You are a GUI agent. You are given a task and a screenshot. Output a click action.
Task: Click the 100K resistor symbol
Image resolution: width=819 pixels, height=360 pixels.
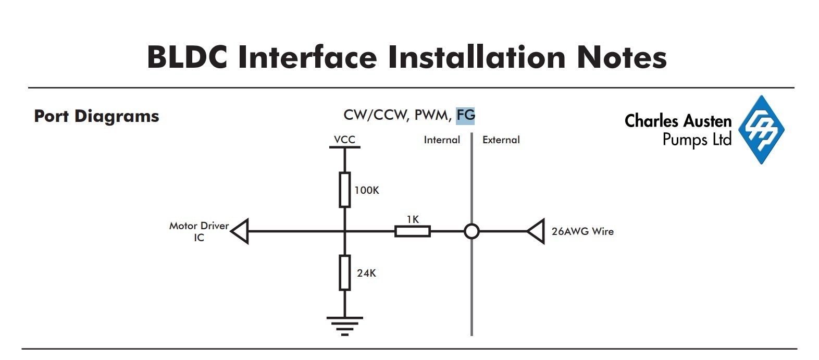344,190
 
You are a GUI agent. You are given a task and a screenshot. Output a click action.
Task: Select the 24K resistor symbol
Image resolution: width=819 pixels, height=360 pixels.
344,272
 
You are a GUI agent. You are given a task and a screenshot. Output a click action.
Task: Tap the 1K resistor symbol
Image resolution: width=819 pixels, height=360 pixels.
413,231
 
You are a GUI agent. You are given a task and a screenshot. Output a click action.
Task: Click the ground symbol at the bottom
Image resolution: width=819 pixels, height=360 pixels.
344,326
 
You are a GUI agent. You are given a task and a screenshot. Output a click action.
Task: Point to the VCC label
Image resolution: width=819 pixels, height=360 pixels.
344,140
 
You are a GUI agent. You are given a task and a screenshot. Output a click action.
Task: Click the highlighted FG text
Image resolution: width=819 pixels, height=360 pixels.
465,115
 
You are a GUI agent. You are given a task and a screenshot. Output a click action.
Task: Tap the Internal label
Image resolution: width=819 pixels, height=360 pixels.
442,140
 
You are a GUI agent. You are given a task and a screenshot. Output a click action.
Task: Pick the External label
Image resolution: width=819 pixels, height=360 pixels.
501,140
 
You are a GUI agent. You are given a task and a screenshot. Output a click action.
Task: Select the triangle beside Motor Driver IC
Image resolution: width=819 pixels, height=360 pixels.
240,231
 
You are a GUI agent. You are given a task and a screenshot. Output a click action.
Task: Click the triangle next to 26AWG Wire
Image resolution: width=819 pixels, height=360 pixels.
536,231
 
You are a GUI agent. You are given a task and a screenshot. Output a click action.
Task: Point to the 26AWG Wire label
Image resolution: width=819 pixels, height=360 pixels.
582,231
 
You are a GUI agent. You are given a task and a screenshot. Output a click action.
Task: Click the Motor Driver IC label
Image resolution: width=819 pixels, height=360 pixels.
199,232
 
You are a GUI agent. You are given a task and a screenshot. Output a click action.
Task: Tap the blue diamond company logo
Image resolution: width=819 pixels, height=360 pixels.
761,130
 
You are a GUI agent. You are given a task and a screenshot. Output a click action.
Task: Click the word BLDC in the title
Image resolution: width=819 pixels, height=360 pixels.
187,57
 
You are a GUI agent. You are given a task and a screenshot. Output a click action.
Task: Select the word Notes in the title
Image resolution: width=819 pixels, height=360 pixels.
622,57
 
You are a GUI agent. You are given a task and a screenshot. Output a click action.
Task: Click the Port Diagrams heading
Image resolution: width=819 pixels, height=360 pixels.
96,116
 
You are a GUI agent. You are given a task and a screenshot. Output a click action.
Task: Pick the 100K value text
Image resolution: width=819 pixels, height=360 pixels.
367,190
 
